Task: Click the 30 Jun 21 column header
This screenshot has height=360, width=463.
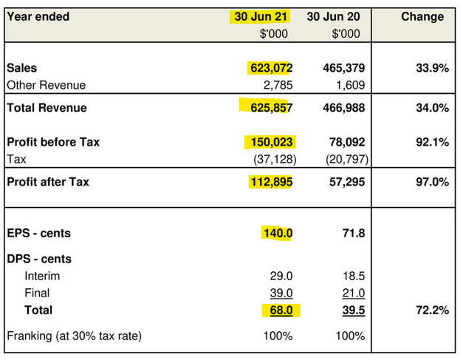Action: [x=261, y=16]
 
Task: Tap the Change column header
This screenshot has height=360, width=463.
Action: [x=422, y=16]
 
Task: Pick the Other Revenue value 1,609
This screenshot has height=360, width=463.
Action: [x=349, y=86]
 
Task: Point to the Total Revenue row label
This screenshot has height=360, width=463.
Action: [x=47, y=108]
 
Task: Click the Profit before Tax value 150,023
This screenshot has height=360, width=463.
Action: [x=271, y=142]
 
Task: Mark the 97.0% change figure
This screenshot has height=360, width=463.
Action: [x=432, y=182]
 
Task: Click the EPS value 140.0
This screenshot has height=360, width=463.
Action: [x=278, y=234]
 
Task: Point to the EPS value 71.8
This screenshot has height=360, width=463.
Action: [x=354, y=234]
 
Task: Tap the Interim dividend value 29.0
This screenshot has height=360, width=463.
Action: [x=281, y=276]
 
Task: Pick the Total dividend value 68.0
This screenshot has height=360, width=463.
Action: [x=279, y=310]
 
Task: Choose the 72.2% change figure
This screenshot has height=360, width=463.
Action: [x=432, y=310]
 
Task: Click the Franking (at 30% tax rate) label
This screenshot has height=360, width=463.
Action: [x=74, y=336]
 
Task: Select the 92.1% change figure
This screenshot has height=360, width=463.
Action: [x=432, y=142]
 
